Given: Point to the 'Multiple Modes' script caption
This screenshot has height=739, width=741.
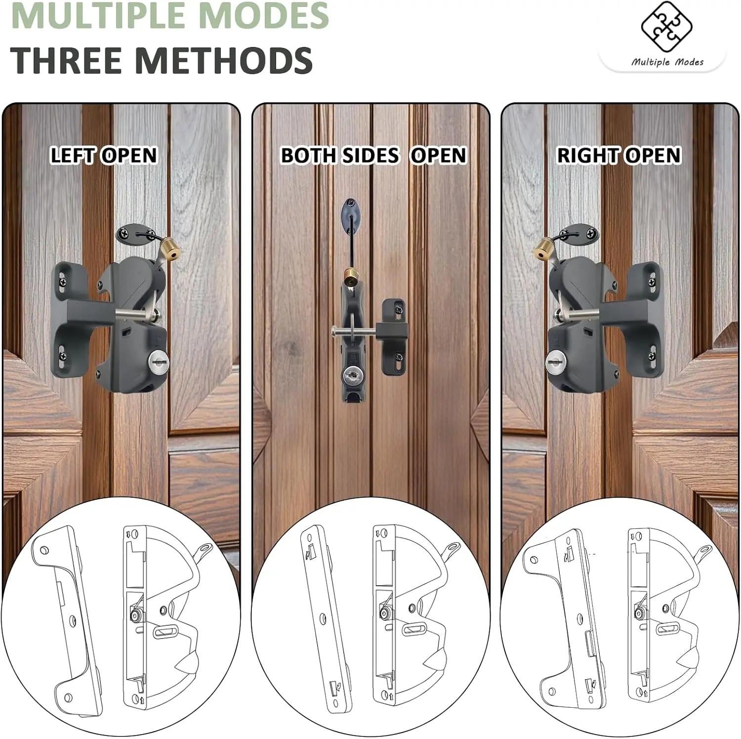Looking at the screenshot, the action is (667, 62).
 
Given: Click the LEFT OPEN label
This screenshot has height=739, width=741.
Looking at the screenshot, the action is (104, 155).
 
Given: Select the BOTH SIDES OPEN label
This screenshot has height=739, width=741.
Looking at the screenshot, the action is (373, 155).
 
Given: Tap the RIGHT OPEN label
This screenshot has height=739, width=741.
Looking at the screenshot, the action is (619, 155).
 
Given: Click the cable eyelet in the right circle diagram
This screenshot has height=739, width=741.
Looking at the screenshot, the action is (705, 550).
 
